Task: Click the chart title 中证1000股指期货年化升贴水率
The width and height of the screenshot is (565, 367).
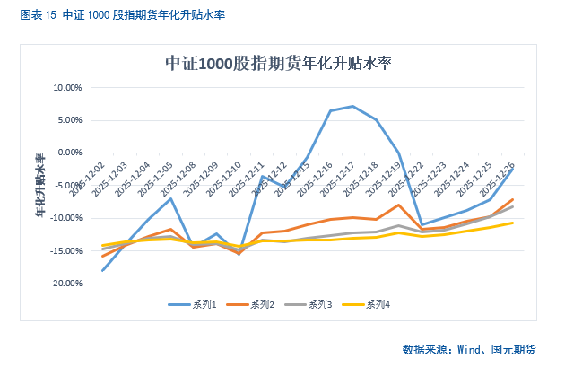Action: coord(279,64)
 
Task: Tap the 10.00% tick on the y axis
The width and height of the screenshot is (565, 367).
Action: coord(67,88)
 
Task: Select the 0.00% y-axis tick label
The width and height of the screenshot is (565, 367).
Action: coord(70,153)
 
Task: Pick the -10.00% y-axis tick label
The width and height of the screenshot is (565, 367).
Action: coord(66,218)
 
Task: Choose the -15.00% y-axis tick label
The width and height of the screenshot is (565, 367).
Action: coord(66,250)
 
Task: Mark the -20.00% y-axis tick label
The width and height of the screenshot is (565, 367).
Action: coord(66,284)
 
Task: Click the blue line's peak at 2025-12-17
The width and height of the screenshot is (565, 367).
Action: coord(353,106)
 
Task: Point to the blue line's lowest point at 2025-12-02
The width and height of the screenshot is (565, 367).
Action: coord(102,270)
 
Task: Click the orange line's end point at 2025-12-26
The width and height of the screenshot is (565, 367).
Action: coord(513,199)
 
